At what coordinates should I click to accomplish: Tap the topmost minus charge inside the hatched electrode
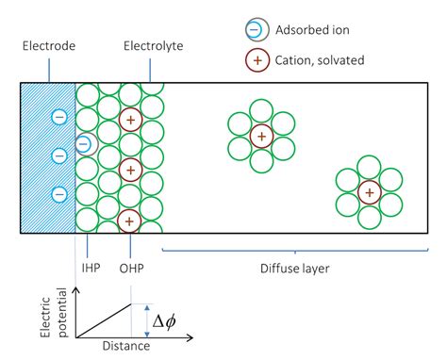point(58,119)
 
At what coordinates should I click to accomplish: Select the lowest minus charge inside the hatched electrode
point(58,194)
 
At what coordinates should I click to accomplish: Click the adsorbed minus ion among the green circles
point(84,144)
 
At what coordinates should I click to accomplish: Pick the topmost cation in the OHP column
point(130,120)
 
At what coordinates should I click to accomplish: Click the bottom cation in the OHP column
point(130,221)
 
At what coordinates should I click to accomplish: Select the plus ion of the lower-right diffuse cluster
point(369,192)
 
